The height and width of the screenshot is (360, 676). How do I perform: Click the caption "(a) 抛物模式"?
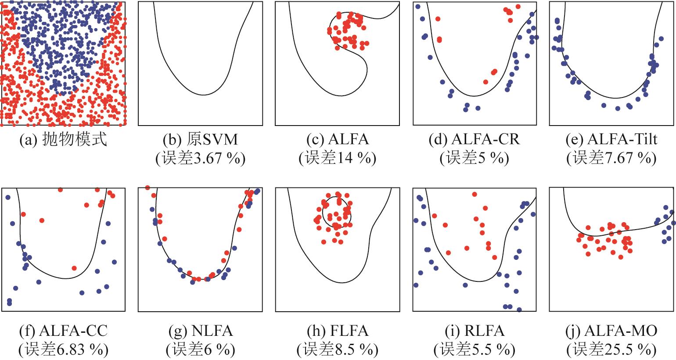[x=63, y=140]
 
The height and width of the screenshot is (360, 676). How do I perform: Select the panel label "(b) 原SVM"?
[x=200, y=140]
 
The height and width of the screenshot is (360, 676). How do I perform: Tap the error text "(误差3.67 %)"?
[x=200, y=158]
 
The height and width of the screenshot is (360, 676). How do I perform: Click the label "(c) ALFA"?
[x=338, y=140]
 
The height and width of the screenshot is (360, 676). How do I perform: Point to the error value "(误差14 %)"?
[x=338, y=158]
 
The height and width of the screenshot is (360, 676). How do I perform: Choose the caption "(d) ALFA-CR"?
[x=475, y=140]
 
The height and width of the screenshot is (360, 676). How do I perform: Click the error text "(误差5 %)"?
[x=475, y=158]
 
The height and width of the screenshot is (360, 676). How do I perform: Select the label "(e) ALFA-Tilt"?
[x=611, y=140]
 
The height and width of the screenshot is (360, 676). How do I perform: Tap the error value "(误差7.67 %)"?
[x=611, y=158]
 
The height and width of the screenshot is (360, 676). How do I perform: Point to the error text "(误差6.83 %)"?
[x=63, y=350]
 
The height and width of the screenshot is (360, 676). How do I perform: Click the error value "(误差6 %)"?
[x=200, y=350]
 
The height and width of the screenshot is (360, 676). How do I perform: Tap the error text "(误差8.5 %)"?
[x=338, y=350]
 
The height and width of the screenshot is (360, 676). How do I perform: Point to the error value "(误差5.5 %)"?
[x=475, y=350]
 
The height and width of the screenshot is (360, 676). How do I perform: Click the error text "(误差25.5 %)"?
[x=611, y=350]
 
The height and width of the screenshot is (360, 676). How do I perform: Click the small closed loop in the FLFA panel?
[x=323, y=211]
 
